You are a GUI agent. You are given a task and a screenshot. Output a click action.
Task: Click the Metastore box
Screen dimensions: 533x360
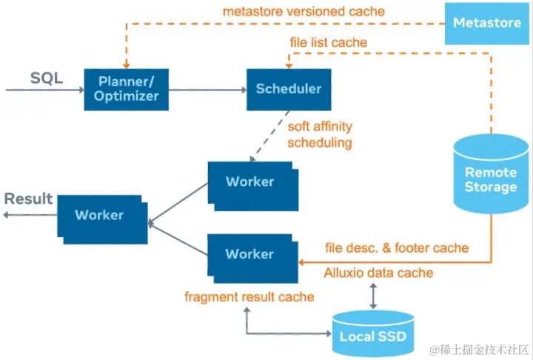(487, 23)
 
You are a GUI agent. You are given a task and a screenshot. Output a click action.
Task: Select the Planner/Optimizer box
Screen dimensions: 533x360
(126, 90)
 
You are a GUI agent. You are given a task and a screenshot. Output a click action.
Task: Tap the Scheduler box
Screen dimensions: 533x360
(289, 90)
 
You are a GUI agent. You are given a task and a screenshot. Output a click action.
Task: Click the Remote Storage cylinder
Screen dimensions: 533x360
(491, 174)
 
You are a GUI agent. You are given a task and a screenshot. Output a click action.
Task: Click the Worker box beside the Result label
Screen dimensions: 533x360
(102, 219)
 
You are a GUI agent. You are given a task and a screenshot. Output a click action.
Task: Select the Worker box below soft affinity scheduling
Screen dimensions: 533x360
(253, 186)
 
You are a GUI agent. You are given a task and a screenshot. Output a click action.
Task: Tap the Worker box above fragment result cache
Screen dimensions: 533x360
(253, 259)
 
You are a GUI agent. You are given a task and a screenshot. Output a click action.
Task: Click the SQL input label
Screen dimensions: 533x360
(47, 78)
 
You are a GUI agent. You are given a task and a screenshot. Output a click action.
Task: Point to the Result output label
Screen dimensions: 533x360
(28, 199)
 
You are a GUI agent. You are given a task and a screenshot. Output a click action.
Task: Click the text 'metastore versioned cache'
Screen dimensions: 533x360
(304, 11)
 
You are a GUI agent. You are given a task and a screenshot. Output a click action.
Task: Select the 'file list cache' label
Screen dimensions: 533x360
(329, 42)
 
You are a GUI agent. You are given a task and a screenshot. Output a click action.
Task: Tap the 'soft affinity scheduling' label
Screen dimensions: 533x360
(320, 134)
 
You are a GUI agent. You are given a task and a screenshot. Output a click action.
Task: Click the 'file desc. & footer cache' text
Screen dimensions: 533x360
(397, 247)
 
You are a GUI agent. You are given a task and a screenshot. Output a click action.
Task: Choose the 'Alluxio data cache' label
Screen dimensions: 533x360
(378, 273)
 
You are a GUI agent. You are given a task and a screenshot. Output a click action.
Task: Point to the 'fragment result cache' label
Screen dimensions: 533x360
(249, 297)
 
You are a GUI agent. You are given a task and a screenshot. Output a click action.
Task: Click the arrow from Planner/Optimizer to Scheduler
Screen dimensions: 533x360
(207, 90)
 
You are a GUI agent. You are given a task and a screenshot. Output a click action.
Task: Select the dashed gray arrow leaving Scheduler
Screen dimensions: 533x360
(269, 136)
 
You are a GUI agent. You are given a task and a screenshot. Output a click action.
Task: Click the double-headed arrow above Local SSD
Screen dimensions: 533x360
(373, 296)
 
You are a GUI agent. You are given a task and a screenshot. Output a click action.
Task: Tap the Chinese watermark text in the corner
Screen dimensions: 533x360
(479, 350)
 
